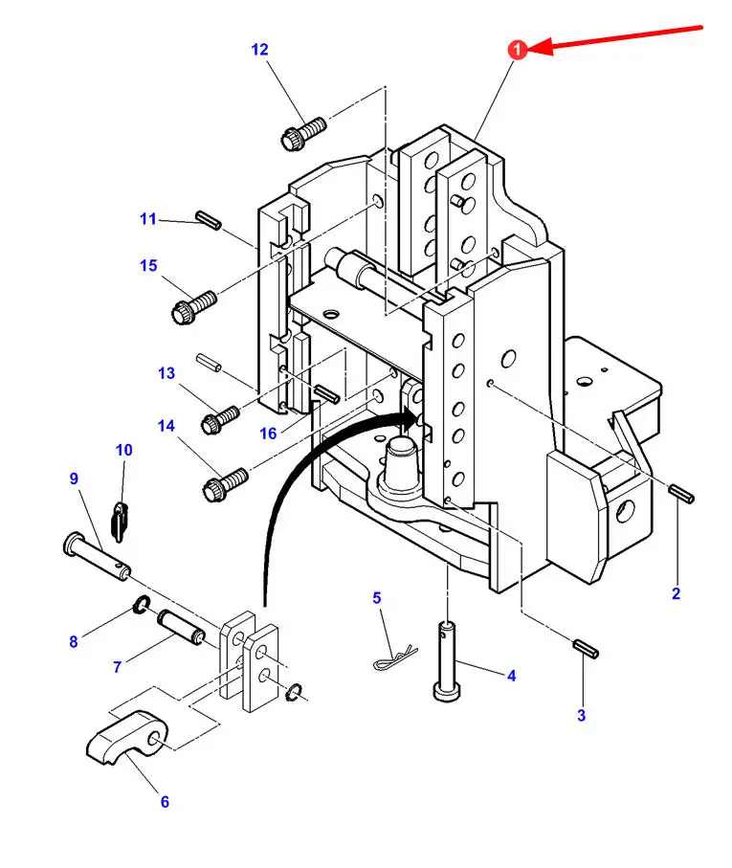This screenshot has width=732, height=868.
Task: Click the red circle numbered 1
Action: [517, 50]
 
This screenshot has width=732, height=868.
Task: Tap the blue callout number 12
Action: [259, 50]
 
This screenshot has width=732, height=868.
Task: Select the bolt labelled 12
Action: [303, 133]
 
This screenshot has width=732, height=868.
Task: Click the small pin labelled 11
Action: [208, 219]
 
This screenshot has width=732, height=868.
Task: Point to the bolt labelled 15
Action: [193, 307]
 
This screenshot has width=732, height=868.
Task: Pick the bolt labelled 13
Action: [220, 420]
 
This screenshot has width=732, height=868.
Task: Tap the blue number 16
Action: [268, 434]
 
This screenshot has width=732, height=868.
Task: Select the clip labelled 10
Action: [120, 521]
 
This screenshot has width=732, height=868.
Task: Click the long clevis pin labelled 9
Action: [97, 556]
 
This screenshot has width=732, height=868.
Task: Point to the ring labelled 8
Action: [141, 605]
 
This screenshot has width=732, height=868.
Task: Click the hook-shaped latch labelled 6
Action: [130, 737]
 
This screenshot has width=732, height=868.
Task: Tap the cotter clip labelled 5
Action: [394, 657]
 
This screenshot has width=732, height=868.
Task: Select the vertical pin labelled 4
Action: [447, 661]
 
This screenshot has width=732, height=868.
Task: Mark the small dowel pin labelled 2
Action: [681, 494]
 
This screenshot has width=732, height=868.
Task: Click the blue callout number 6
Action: [165, 802]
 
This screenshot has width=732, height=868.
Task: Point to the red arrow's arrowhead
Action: [540, 47]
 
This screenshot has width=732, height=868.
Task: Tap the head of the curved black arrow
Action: [412, 417]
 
